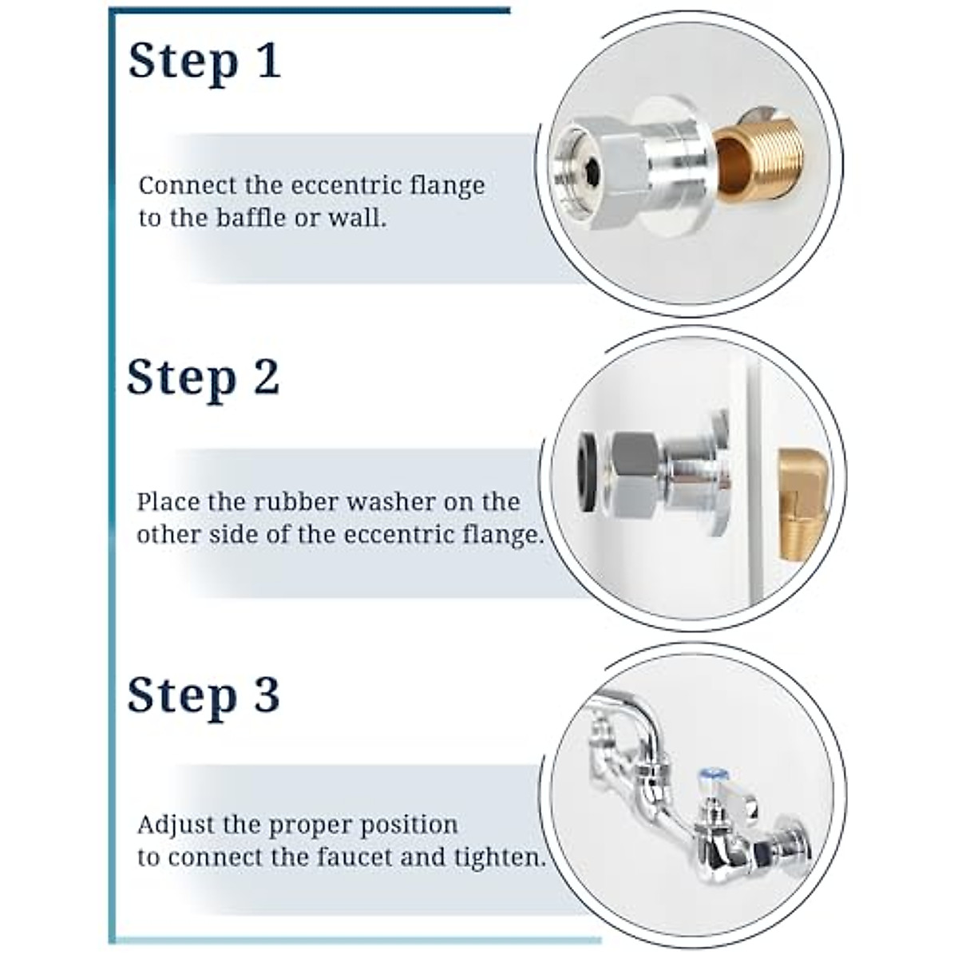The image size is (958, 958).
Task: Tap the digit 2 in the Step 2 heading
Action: [x=264, y=377]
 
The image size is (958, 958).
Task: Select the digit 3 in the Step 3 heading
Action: [x=265, y=695]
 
